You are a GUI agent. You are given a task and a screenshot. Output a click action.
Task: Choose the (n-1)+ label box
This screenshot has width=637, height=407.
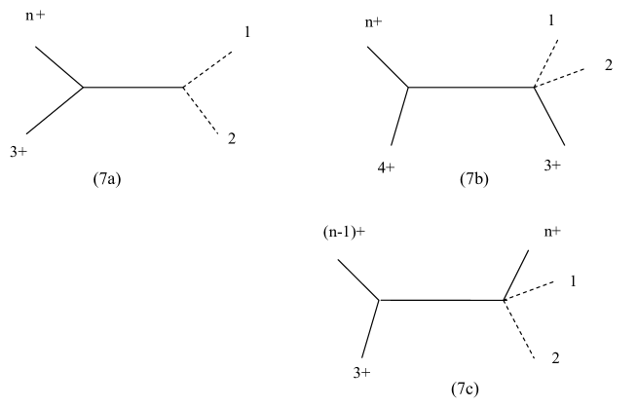point(344,232)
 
